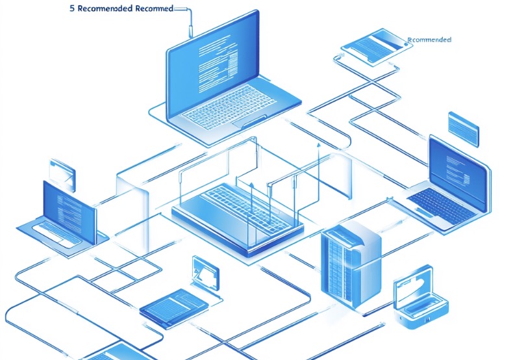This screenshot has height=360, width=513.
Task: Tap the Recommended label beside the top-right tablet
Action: tap(429, 40)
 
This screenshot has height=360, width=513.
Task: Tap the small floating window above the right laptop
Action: tap(463, 127)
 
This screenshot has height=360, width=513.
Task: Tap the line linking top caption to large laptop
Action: tap(190, 19)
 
